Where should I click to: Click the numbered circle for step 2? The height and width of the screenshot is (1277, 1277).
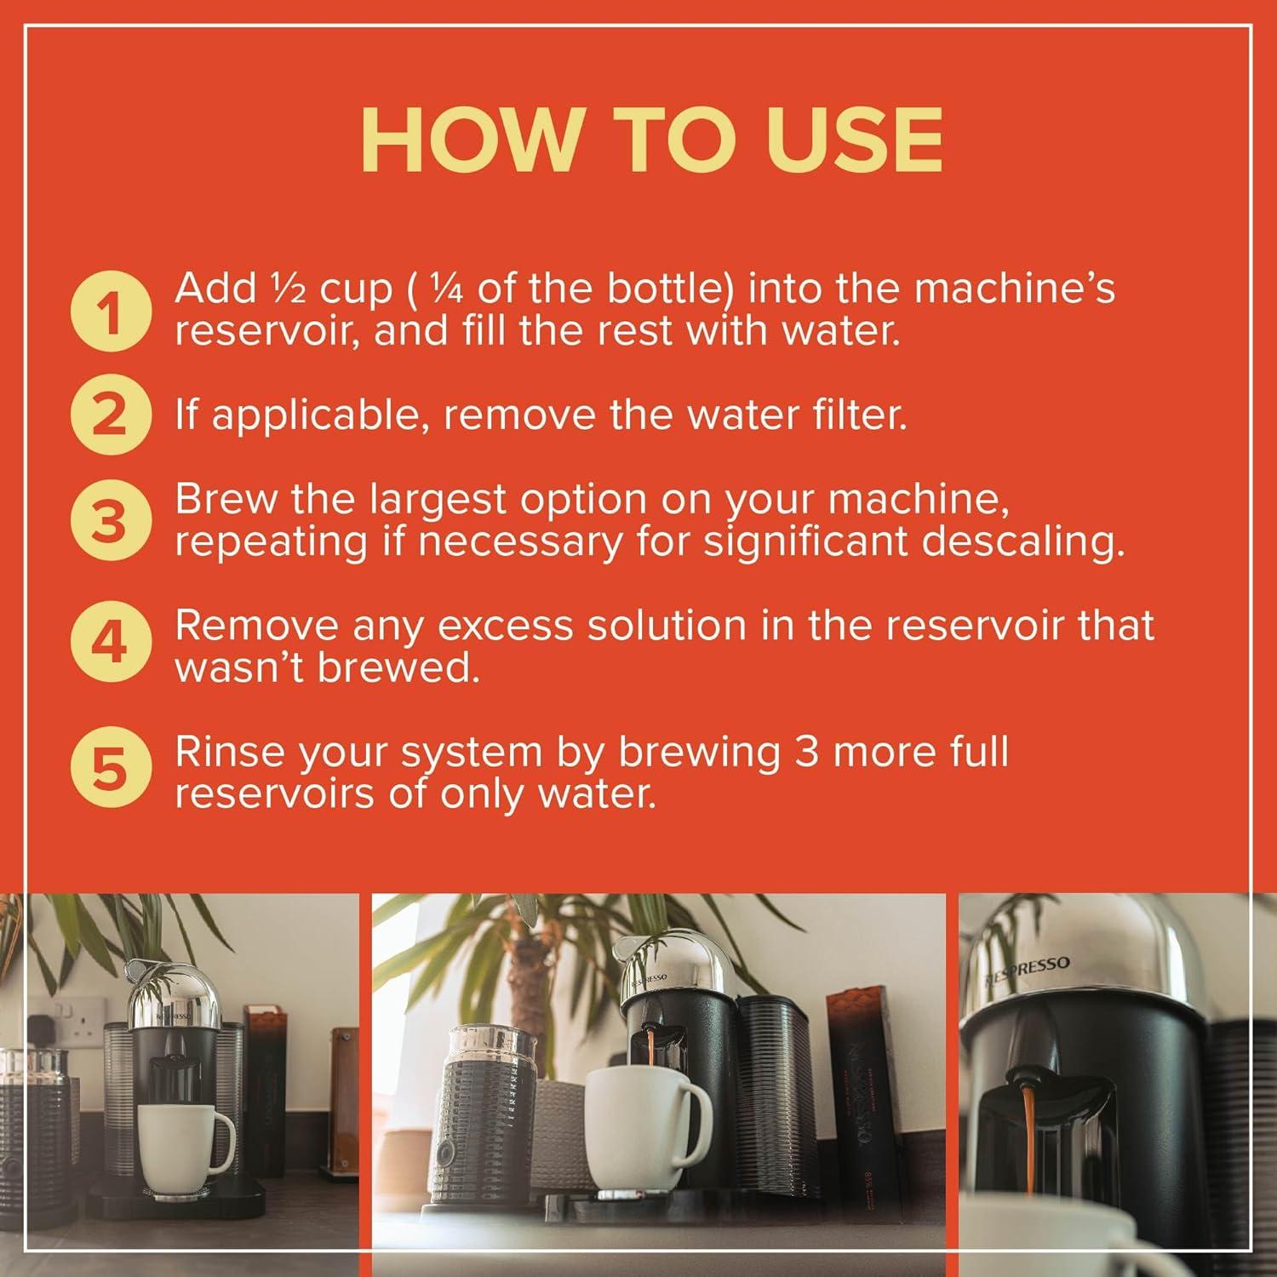110,415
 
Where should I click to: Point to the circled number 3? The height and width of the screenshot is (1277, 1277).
110,521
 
